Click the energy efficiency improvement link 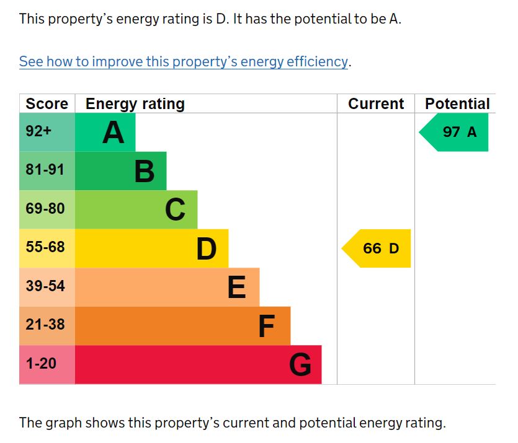tap(184, 61)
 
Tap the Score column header tap(47, 103)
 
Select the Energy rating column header tap(135, 103)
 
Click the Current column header tap(376, 103)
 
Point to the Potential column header tap(457, 103)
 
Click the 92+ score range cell tap(38, 131)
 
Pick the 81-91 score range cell tap(45, 170)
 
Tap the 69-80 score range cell tap(45, 209)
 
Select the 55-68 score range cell tap(45, 247)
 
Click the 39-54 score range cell tap(45, 286)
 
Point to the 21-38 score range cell tap(45, 325)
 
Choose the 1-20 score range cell tap(42, 364)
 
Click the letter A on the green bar tap(113, 132)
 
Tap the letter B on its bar tap(144, 171)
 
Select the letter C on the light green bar tap(175, 209)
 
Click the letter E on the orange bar tap(236, 287)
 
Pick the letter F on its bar tap(266, 326)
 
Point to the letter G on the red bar tap(300, 364)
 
